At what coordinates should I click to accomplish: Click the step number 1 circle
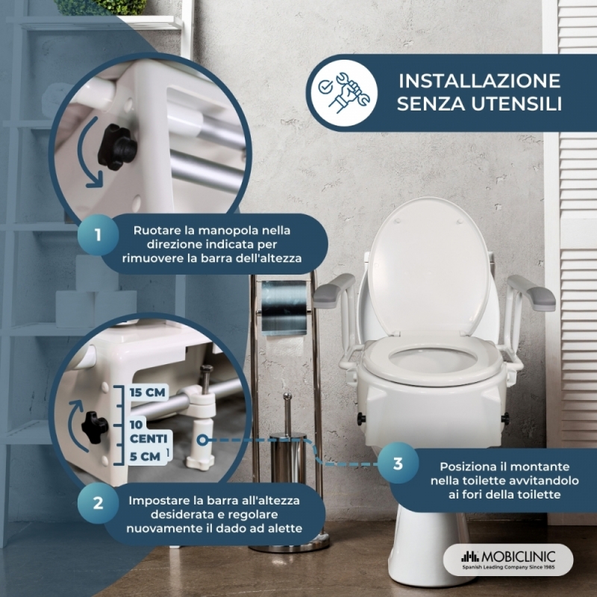98,234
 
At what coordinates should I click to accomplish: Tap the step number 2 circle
98,503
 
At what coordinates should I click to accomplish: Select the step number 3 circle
398,463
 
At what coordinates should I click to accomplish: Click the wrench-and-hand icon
345,93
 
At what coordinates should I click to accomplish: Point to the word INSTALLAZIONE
479,81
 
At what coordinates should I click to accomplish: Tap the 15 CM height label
147,393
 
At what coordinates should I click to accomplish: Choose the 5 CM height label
145,457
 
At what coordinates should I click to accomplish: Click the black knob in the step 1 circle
117,146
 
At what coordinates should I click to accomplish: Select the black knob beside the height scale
94,426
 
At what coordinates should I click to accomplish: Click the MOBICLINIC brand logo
508,560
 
